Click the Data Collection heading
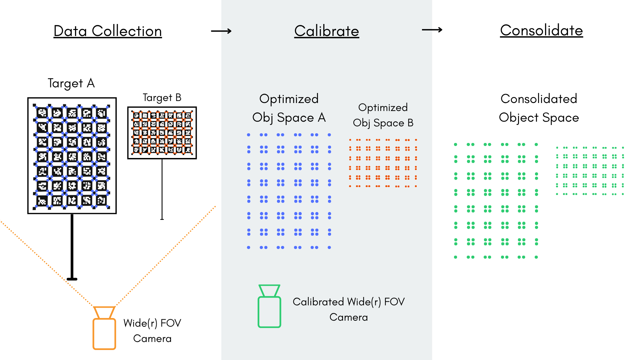tap(108, 31)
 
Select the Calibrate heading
tap(326, 31)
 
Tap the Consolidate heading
tap(541, 30)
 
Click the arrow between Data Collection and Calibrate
tap(221, 31)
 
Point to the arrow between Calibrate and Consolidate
tap(432, 30)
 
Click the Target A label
tap(71, 83)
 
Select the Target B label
tap(162, 98)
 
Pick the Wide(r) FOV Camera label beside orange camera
tap(152, 331)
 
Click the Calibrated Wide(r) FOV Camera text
tap(349, 309)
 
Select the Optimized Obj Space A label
tap(289, 108)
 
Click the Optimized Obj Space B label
tap(383, 115)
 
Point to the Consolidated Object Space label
tap(539, 108)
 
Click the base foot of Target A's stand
tap(72, 279)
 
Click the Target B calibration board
tap(162, 133)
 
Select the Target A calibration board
tap(72, 156)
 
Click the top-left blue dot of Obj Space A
tap(249, 135)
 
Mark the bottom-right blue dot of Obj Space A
tap(329, 247)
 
